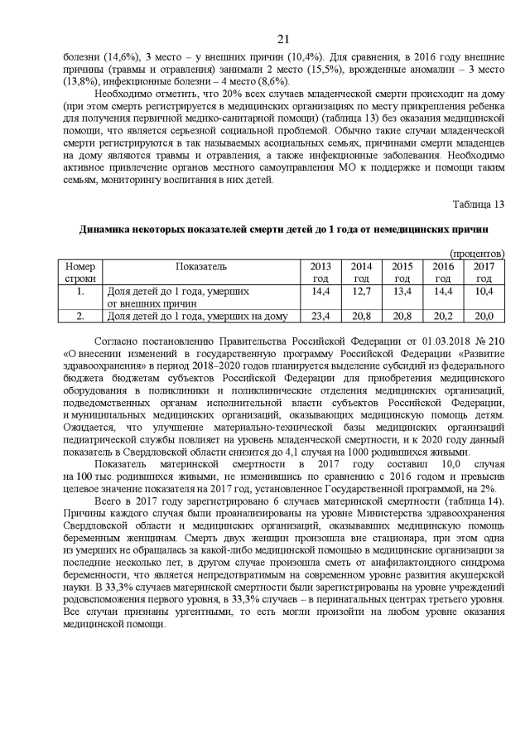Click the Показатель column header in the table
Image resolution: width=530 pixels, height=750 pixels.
click(200, 266)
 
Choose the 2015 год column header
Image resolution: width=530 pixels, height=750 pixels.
click(402, 272)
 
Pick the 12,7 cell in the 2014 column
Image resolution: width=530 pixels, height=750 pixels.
click(361, 291)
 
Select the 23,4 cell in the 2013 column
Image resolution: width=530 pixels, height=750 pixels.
click(320, 316)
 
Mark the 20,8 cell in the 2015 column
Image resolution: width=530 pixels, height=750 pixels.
click(402, 316)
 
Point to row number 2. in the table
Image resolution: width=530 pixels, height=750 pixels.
click(80, 316)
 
